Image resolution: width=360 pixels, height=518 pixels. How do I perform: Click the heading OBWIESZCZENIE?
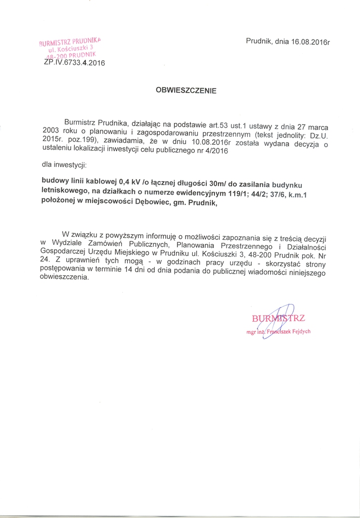coord(186,92)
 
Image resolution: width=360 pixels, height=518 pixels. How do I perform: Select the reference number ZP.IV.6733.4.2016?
coord(71,63)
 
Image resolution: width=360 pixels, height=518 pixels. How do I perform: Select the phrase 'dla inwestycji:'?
coord(64,166)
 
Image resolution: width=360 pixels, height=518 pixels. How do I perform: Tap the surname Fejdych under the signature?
coord(299,331)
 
